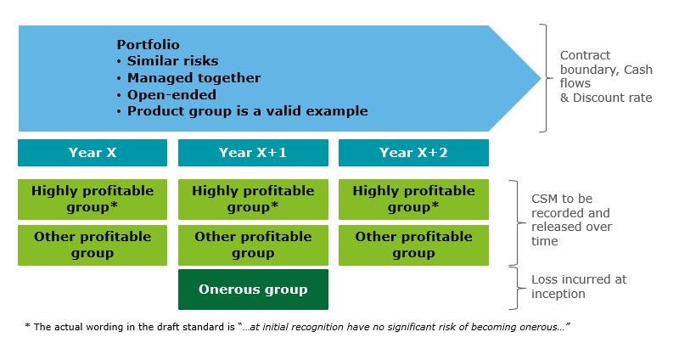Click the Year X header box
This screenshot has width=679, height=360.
pyautogui.click(x=93, y=153)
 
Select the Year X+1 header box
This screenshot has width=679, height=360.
pyautogui.click(x=253, y=153)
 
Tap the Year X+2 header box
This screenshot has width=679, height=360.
pyautogui.click(x=413, y=153)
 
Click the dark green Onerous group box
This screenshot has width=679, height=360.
pyautogui.click(x=253, y=290)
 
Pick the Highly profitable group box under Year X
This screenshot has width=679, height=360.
pyautogui.click(x=93, y=199)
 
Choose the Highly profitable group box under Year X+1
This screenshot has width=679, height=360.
pyautogui.click(x=253, y=199)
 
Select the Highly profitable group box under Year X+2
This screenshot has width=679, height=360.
pyautogui.click(x=413, y=199)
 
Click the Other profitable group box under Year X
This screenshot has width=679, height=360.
pyautogui.click(x=93, y=245)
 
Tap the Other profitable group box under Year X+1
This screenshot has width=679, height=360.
pyautogui.click(x=253, y=245)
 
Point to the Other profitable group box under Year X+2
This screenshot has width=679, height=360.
pyautogui.click(x=413, y=245)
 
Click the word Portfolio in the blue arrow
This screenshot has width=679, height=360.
pyautogui.click(x=149, y=45)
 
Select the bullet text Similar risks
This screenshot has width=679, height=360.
pyautogui.click(x=172, y=61)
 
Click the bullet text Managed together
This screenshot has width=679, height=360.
pyautogui.click(x=194, y=78)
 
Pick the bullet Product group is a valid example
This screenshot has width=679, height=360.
pyautogui.click(x=247, y=110)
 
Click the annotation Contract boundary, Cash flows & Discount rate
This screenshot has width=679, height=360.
pyautogui.click(x=605, y=76)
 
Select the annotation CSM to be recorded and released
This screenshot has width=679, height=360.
pyautogui.click(x=571, y=221)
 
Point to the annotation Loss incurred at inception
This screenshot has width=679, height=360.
pyautogui.click(x=578, y=286)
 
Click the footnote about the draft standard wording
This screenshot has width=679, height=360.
pyautogui.click(x=296, y=326)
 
